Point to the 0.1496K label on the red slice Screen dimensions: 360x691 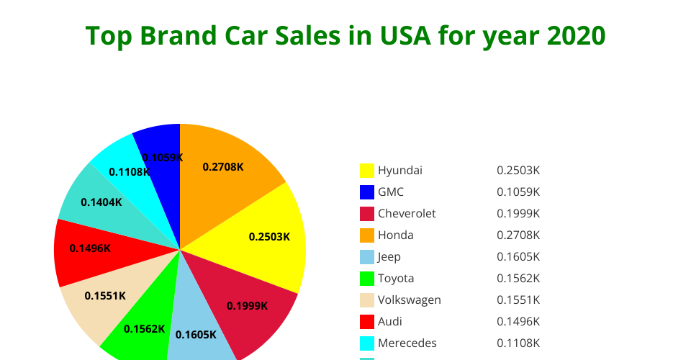[90, 248]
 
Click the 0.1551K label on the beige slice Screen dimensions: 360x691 [105, 295]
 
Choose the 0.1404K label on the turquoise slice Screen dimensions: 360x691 [101, 202]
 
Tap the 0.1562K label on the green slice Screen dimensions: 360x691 [145, 329]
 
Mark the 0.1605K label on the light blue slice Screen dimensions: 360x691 [196, 334]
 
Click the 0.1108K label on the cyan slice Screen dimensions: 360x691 [129, 172]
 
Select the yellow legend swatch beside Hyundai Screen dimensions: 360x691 [367, 171]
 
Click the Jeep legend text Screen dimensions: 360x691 [389, 257]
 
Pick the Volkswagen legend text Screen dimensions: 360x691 [410, 300]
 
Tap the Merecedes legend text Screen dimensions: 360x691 [407, 343]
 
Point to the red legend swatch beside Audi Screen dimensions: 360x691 [367, 322]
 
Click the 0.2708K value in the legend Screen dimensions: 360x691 [518, 235]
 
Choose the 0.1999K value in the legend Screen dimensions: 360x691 [518, 214]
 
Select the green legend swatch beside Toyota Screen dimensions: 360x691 [367, 279]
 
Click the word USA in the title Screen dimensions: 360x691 [405, 35]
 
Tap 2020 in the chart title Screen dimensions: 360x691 [577, 35]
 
